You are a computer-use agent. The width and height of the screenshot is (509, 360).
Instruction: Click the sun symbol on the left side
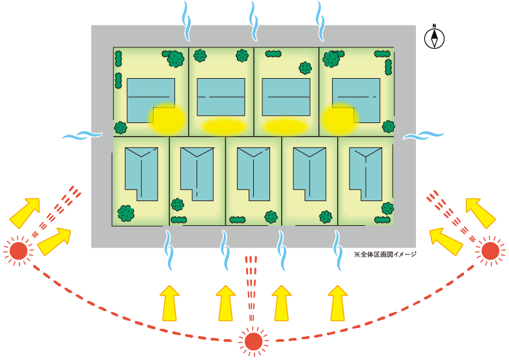[18, 250]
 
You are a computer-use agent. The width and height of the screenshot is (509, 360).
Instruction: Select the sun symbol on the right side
[489, 249]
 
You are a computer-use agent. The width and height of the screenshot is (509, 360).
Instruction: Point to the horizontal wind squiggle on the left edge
[82, 135]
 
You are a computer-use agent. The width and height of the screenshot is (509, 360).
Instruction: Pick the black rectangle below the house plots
[385, 260]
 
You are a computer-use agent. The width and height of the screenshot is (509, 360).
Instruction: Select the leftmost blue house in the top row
[150, 100]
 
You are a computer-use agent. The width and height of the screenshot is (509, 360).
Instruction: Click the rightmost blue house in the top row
[356, 100]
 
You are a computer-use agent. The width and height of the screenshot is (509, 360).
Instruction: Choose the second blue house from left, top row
[221, 97]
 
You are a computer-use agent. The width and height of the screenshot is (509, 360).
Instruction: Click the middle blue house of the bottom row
[253, 173]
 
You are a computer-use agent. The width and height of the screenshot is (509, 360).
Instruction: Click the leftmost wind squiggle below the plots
[169, 250]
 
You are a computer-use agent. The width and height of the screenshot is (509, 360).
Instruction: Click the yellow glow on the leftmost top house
[167, 117]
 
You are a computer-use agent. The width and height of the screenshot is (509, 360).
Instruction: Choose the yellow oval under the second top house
[223, 126]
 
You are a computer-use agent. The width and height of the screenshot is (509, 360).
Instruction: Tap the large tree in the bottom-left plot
[126, 212]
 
